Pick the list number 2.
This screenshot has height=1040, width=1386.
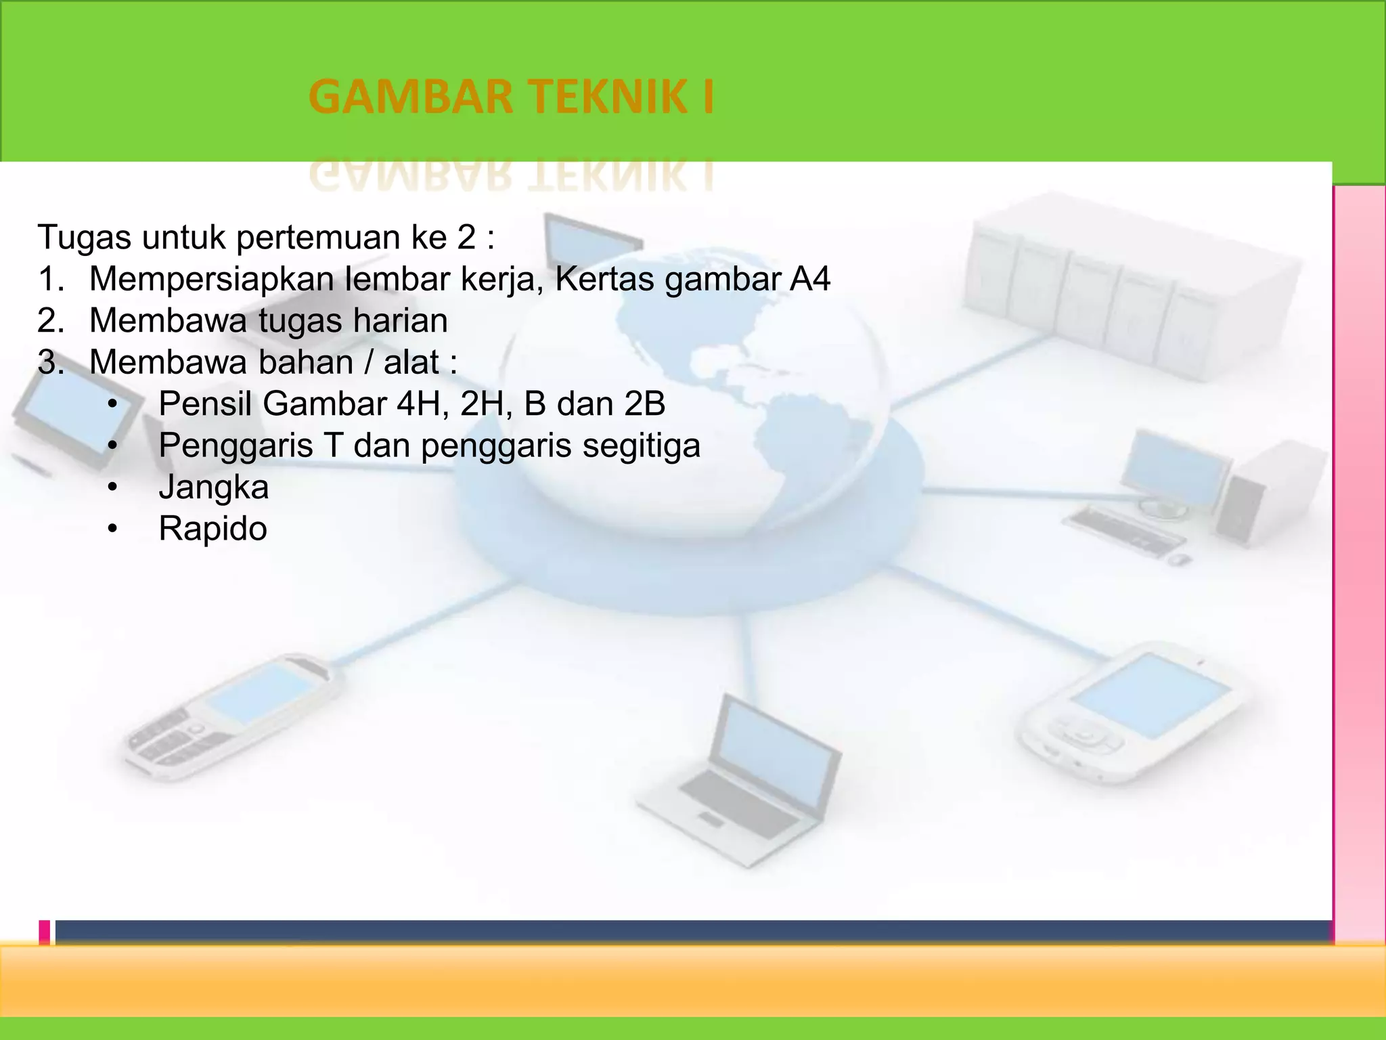tap(51, 321)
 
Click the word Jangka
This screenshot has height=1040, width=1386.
tap(213, 487)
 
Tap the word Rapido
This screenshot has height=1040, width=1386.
tap(213, 529)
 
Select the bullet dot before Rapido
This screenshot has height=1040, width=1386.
tap(112, 529)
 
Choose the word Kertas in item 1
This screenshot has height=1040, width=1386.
tap(604, 279)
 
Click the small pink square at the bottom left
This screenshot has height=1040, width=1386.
tap(45, 932)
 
